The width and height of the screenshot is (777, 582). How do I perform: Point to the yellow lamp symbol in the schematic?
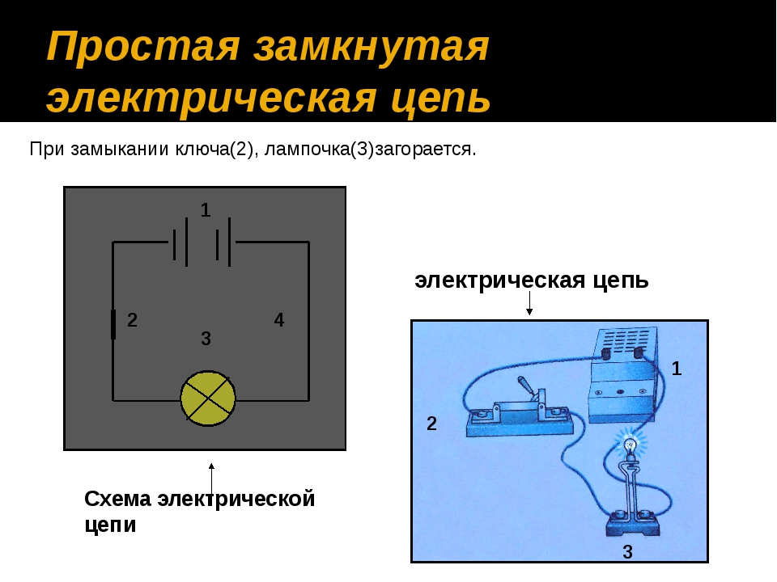[208, 399]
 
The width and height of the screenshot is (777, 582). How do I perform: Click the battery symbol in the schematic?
[202, 241]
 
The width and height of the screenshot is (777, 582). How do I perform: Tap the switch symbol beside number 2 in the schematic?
[113, 323]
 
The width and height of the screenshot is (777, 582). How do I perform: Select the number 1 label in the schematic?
[206, 210]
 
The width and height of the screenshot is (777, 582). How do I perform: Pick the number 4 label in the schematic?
[279, 321]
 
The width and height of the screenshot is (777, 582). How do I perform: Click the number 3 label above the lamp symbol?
[206, 340]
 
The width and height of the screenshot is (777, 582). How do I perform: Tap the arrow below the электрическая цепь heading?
[529, 303]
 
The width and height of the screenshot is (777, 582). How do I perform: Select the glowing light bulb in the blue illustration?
[629, 443]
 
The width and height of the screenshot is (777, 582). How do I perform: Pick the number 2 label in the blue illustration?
[431, 424]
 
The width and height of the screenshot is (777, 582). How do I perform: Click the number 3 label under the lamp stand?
[627, 553]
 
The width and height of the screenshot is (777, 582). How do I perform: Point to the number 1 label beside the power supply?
[677, 369]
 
